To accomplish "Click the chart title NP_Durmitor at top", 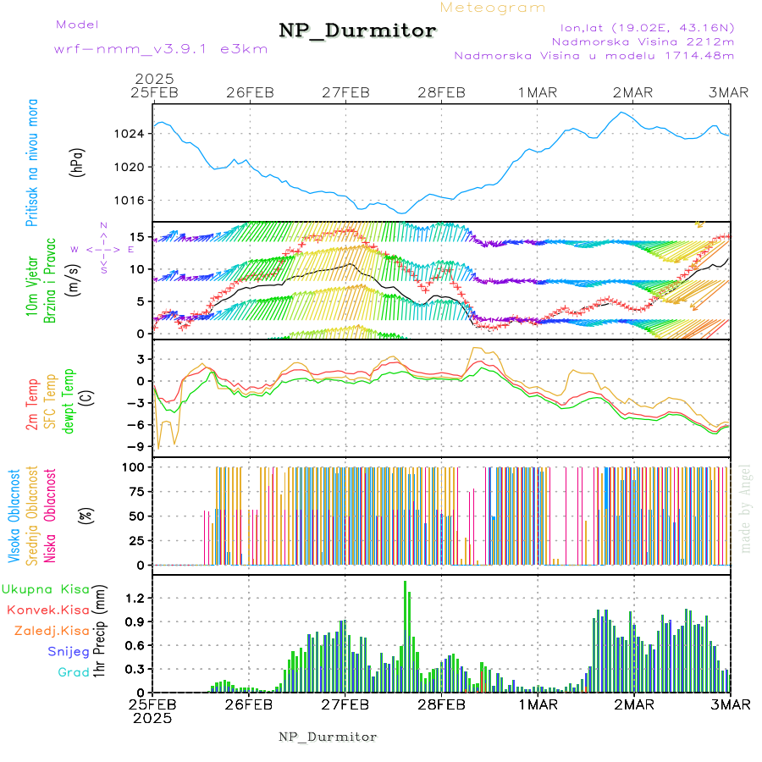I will click(x=357, y=30).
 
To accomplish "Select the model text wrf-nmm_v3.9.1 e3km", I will click(x=160, y=49).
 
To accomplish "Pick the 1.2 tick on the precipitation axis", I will click(x=137, y=598).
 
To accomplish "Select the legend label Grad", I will click(x=74, y=673).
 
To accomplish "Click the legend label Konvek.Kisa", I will click(x=47, y=610).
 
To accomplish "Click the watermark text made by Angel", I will click(x=746, y=508).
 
